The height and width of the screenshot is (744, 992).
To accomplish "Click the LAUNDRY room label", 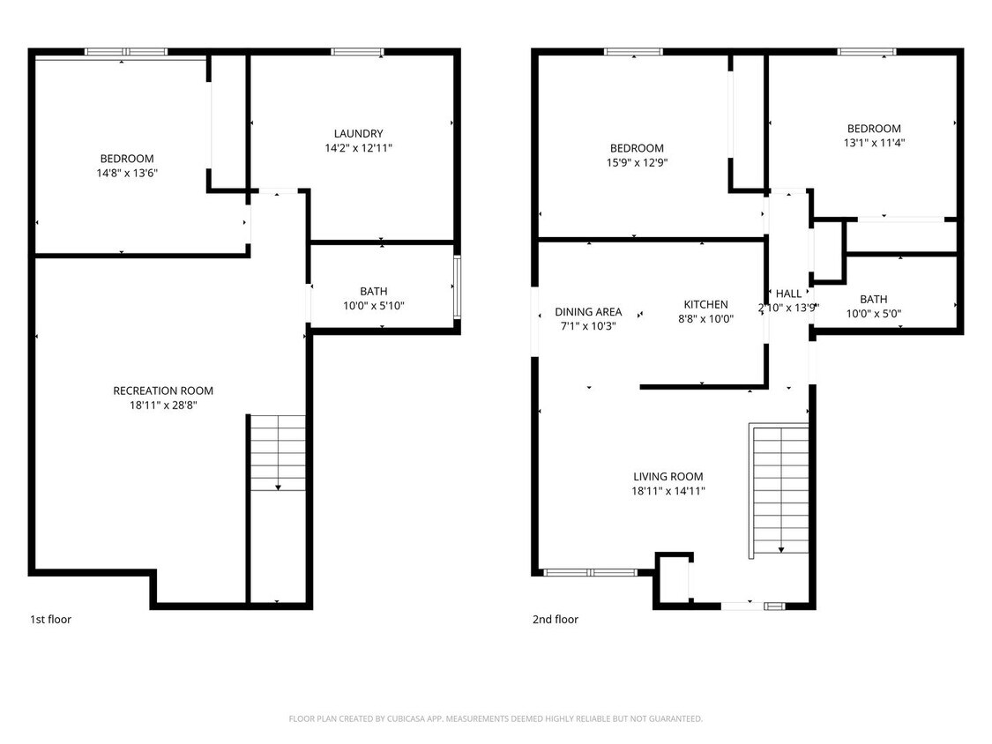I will pos(358,134).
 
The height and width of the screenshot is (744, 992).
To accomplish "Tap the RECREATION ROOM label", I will pos(163,391).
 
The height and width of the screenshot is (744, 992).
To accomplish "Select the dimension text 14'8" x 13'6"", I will pos(127,173).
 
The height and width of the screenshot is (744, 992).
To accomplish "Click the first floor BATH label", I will pos(373,291).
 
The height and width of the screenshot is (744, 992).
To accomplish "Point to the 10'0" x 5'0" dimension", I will pos(873,314).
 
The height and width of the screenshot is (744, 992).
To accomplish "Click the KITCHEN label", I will pos(703,305).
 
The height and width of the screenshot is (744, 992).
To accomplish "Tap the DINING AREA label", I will pos(588,312).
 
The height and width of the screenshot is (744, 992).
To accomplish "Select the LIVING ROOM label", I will pos(668,477).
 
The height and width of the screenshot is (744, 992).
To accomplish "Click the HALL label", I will pos(788,294).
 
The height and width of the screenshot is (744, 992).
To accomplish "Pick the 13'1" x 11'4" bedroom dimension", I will pos(874,143).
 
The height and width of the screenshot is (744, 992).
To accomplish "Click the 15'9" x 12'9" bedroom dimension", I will pos(636,163).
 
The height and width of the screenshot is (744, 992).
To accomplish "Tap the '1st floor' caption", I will pos(51,620).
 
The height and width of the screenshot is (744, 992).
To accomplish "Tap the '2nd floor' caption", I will pos(556,620).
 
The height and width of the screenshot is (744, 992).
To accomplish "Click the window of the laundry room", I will pos(356,52).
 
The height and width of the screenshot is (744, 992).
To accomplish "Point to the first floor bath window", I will pos(457,286).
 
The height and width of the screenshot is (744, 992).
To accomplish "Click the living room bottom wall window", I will pos(589,572).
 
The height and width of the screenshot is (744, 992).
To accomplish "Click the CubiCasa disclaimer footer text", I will pos(496,718).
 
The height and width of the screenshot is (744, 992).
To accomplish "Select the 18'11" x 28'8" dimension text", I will pos(163,405).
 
